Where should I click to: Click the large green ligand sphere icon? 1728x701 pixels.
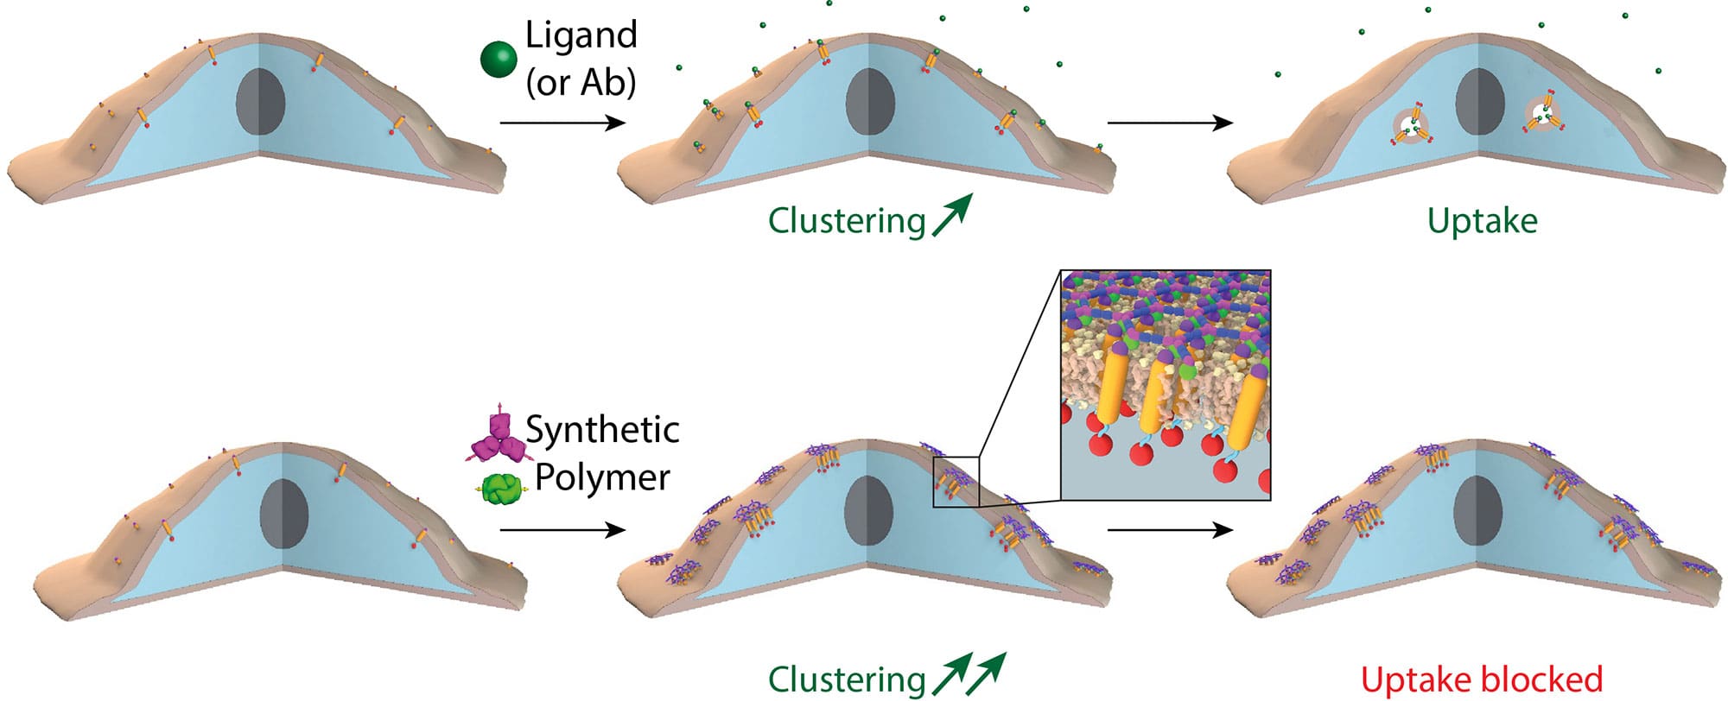(499, 59)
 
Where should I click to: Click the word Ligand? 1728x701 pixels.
(581, 35)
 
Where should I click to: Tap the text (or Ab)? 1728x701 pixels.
(581, 82)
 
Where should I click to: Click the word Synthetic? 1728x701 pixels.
(602, 430)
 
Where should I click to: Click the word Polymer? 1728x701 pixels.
(602, 477)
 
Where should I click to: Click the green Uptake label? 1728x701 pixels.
(1482, 221)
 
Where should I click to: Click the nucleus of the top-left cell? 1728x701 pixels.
(260, 102)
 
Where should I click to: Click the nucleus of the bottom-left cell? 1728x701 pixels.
(283, 513)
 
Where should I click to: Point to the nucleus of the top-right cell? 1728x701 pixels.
(1479, 101)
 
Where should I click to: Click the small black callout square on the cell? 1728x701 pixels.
(956, 482)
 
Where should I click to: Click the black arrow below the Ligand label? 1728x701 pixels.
(562, 123)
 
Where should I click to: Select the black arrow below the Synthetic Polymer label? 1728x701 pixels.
(562, 530)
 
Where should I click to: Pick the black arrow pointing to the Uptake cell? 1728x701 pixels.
(1170, 123)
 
